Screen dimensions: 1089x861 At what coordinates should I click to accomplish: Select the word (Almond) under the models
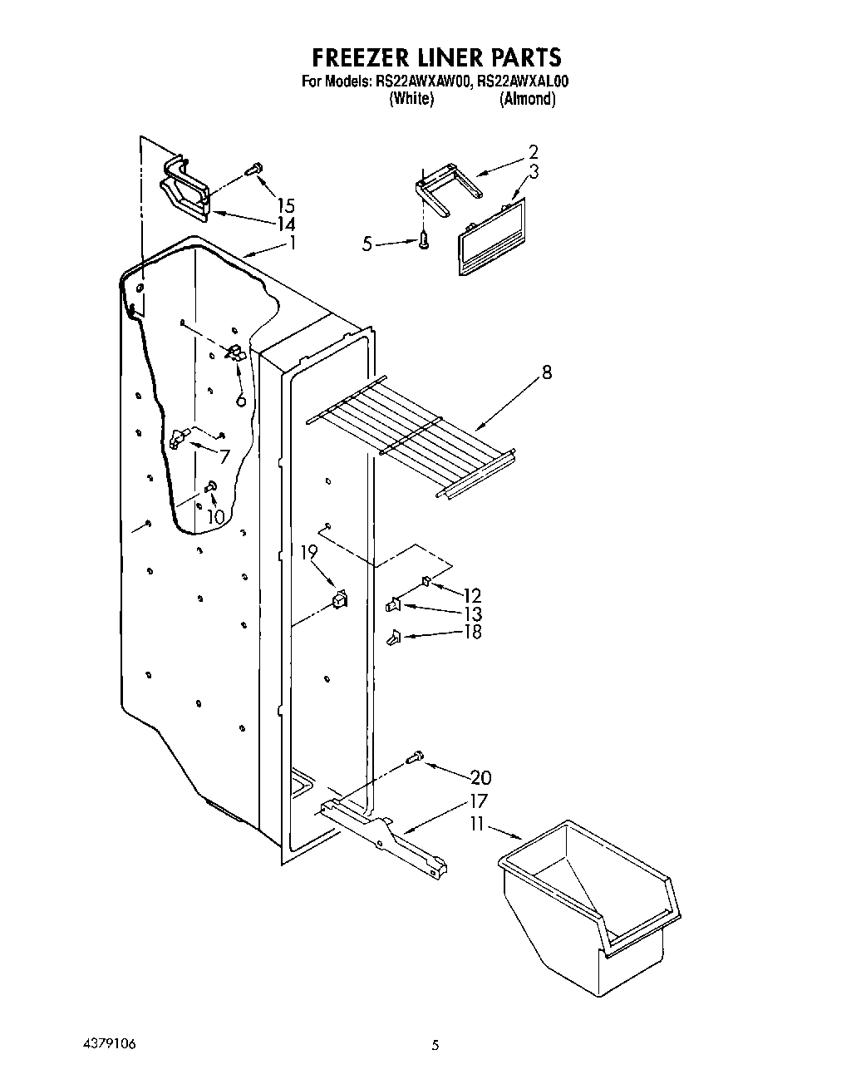click(527, 99)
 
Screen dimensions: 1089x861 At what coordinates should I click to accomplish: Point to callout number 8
click(546, 372)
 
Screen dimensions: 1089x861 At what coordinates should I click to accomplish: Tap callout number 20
click(480, 778)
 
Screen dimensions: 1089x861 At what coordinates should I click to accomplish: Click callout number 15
click(286, 205)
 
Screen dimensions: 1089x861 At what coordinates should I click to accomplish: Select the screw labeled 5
click(425, 241)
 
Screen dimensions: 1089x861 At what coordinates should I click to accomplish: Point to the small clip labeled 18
click(394, 637)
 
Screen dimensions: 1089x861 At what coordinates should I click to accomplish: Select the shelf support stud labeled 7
click(177, 438)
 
